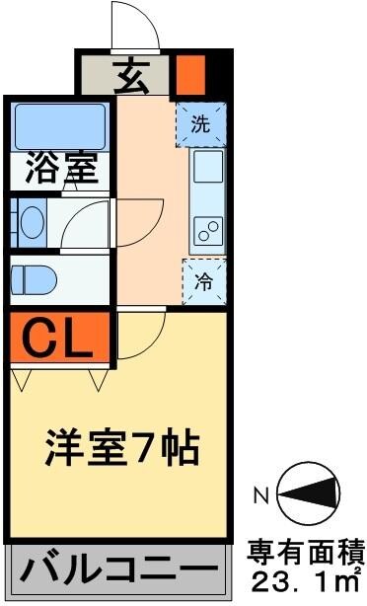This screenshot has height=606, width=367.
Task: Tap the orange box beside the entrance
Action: click(189, 74)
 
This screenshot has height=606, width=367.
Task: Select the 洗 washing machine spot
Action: click(200, 124)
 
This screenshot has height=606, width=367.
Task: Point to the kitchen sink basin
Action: click(209, 171)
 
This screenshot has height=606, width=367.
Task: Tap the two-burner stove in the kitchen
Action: click(208, 232)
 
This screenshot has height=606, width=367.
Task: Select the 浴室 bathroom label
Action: click(61, 168)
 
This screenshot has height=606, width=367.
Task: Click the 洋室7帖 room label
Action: click(123, 449)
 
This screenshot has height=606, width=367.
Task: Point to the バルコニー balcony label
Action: click(115, 570)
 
